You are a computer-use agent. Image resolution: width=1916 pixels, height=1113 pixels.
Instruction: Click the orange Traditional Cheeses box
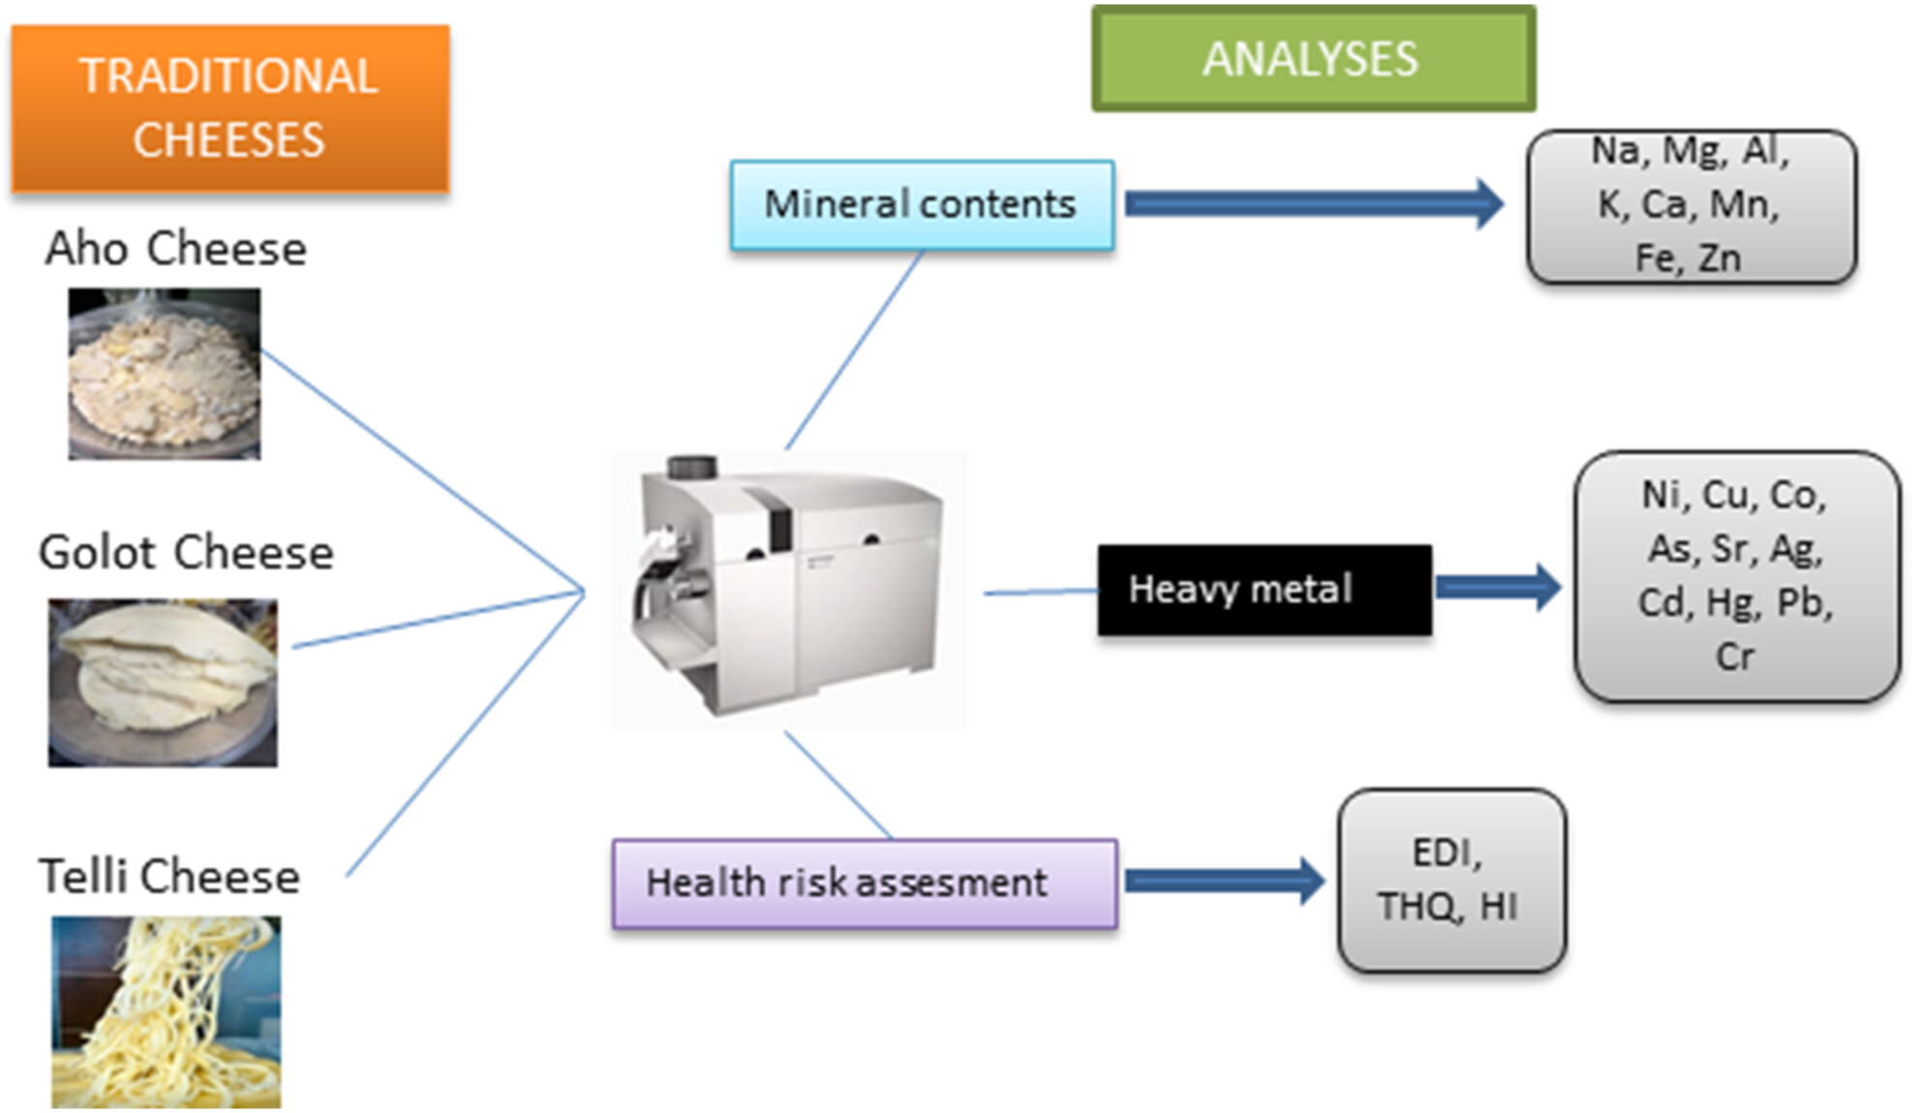click(230, 108)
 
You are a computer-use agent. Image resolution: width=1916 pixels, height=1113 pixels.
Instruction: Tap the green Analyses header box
click(1314, 58)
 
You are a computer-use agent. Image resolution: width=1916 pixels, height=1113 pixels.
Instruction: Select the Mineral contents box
click(922, 205)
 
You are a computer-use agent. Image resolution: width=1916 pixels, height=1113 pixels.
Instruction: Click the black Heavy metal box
click(1264, 590)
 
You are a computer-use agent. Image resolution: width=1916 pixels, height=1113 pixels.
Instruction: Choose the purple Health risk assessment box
click(865, 883)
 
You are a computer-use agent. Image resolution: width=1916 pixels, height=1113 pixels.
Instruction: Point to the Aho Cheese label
click(176, 249)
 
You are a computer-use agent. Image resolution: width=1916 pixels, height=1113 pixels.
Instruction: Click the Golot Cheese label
click(186, 553)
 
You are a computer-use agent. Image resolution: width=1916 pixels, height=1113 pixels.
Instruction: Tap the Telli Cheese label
click(169, 876)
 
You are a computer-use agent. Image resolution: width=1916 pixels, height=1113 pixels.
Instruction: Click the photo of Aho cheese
click(165, 374)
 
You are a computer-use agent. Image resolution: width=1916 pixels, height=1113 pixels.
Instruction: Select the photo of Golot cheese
click(163, 683)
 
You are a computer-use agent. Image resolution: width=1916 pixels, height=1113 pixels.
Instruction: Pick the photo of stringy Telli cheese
click(167, 1012)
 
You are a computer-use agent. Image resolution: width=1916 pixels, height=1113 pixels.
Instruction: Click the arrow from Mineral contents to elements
click(1315, 203)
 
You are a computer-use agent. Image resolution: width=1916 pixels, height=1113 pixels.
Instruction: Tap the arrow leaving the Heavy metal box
click(1499, 587)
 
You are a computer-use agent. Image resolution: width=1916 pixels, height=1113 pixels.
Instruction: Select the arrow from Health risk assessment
click(1225, 881)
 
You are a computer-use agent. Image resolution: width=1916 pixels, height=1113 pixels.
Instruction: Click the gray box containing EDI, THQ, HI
click(1451, 881)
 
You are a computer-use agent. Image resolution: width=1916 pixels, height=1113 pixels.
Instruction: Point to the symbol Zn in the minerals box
click(1720, 259)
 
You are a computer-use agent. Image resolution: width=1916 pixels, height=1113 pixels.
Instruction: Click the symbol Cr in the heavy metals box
click(1735, 657)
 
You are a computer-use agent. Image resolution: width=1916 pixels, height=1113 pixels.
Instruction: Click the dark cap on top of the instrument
click(692, 468)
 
